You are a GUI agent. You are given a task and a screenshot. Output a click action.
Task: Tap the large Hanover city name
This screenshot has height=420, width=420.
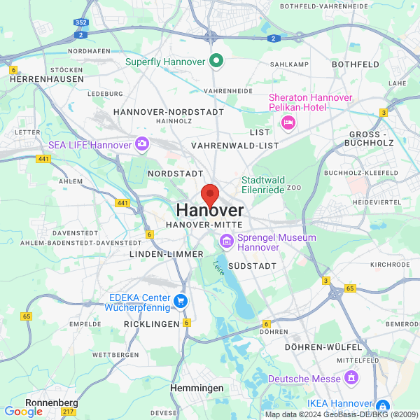(210, 210)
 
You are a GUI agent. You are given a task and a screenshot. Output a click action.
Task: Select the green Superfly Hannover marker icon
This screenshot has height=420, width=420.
(216, 61)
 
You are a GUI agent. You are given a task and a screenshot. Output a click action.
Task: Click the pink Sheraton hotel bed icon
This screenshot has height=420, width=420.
(287, 123)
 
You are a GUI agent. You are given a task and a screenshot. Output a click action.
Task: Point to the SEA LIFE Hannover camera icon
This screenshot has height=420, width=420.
(142, 144)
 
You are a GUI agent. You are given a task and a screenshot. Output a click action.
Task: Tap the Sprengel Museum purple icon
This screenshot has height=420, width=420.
(226, 242)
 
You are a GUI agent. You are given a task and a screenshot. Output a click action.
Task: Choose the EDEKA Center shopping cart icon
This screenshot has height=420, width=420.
(181, 301)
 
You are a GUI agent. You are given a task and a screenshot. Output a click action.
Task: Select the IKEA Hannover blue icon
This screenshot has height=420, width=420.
(382, 405)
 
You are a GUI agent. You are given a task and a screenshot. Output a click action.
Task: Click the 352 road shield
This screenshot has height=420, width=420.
(81, 22)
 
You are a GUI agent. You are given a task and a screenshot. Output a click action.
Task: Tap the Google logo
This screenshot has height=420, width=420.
(23, 412)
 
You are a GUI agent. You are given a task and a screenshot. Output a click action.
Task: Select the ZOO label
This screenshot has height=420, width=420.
(294, 188)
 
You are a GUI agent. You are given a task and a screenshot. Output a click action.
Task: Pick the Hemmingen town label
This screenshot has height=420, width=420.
(197, 388)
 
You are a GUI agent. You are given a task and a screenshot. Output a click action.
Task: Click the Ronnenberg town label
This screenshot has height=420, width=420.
(51, 402)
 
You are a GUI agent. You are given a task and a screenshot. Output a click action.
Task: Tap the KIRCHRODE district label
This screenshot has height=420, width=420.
(390, 265)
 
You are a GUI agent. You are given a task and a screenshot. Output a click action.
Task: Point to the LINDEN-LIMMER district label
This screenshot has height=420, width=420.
(166, 254)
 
